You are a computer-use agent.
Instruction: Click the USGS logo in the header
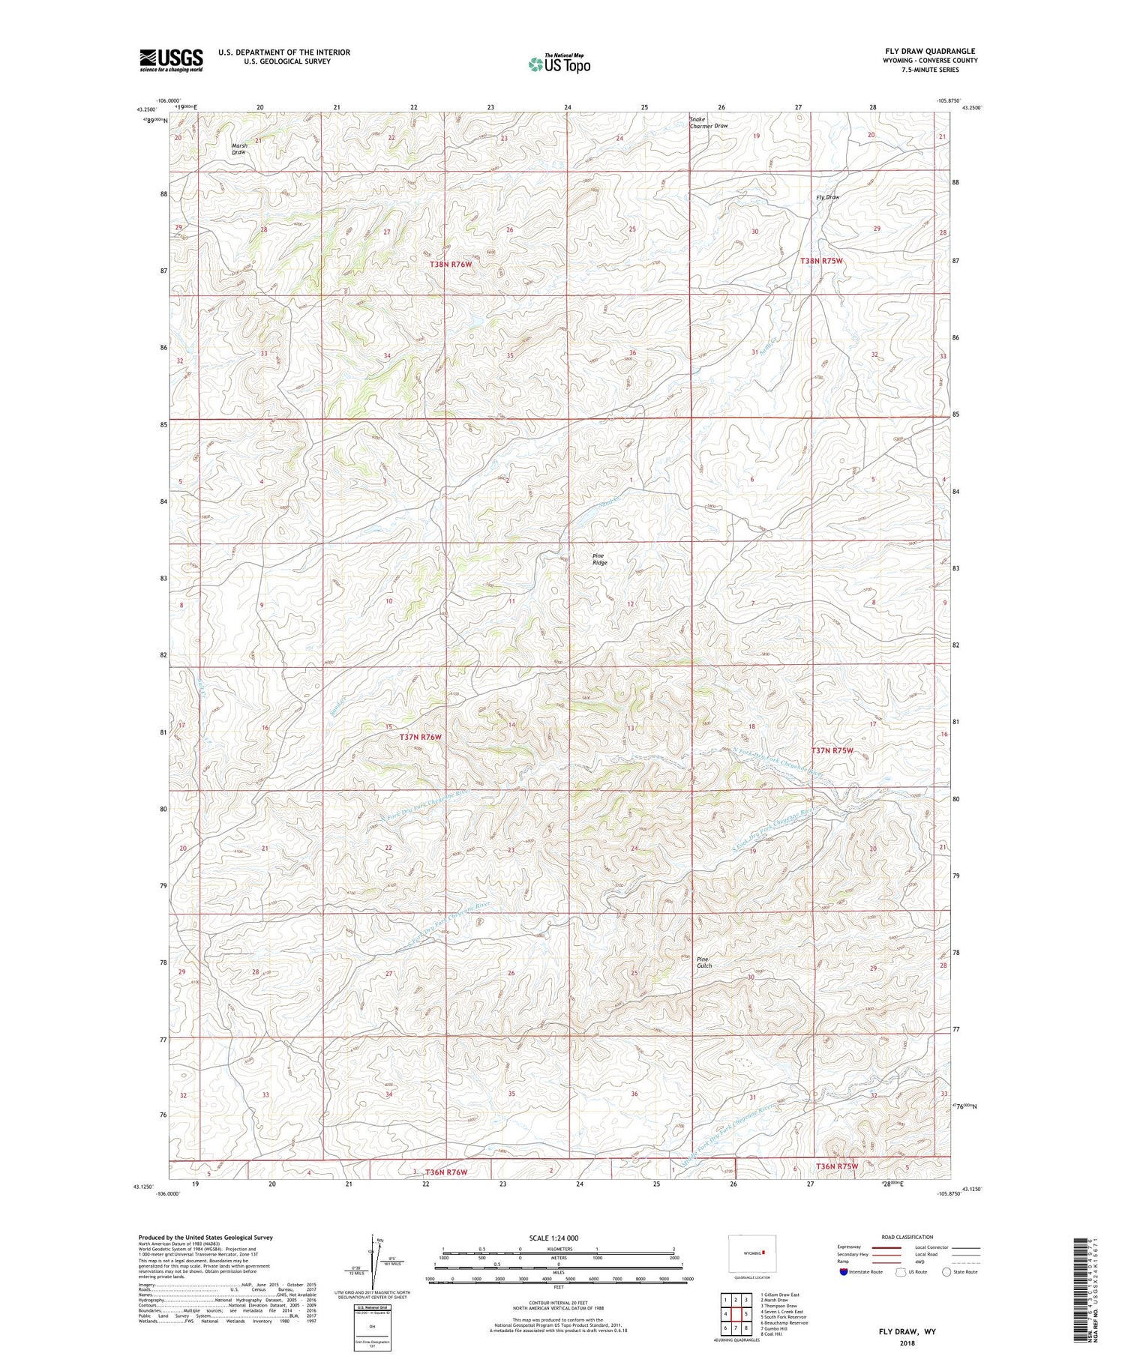(171, 60)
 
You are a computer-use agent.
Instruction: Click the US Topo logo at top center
(559, 64)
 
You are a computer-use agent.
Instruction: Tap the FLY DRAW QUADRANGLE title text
(929, 51)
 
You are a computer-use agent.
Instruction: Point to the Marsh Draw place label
(238, 148)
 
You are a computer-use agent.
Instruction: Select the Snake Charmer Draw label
(708, 122)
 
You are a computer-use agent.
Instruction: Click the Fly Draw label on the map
(827, 197)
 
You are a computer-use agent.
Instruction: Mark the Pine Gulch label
(704, 962)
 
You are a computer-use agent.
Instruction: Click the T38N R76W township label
(451, 265)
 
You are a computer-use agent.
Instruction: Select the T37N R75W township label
(832, 750)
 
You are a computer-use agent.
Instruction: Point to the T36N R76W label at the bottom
(446, 1172)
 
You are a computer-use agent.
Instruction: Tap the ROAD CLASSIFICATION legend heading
(907, 1237)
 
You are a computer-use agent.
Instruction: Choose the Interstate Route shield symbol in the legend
(844, 1272)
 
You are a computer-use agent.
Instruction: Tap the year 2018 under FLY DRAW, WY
(907, 1343)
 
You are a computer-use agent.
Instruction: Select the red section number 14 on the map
(511, 724)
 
